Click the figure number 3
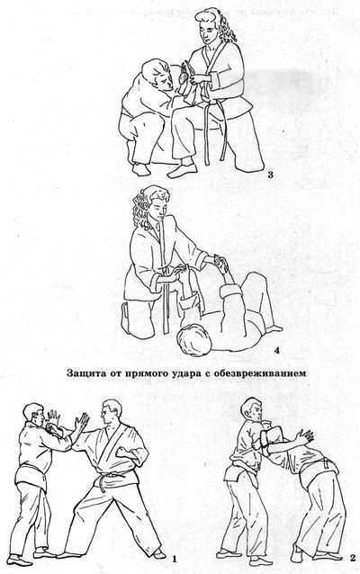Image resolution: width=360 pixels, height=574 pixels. (x=271, y=175)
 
